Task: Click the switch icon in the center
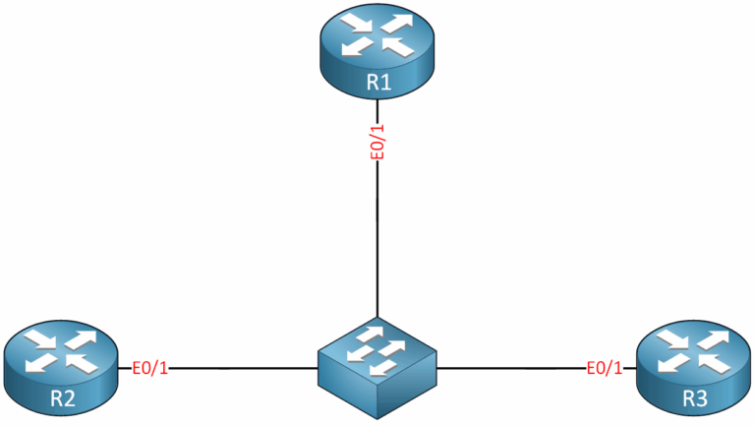377,365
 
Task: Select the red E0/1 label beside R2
150,369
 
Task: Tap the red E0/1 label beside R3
605,369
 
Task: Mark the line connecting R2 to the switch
246,368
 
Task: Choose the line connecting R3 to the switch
511,368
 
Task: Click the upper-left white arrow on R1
356,24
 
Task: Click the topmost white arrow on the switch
374,334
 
